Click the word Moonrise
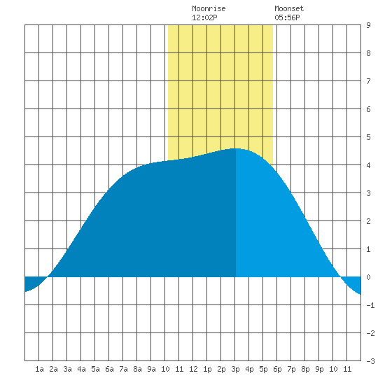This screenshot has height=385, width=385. pyautogui.click(x=209, y=8)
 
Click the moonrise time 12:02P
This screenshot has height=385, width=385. pyautogui.click(x=204, y=17)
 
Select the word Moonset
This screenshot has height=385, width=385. pyautogui.click(x=289, y=8)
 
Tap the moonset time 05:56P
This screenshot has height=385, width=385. pyautogui.click(x=287, y=17)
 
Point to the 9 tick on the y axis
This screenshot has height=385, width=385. pyautogui.click(x=368, y=25)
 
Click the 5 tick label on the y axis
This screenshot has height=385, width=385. pyautogui.click(x=368, y=137)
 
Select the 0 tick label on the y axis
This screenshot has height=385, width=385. pyautogui.click(x=368, y=277)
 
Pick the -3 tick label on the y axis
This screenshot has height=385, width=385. pyautogui.click(x=370, y=361)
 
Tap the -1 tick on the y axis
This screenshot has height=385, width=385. pyautogui.click(x=370, y=305)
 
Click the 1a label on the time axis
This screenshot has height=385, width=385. pyautogui.click(x=39, y=369)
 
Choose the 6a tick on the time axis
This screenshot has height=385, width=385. pyautogui.click(x=109, y=369)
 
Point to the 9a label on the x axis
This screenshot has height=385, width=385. pyautogui.click(x=151, y=369)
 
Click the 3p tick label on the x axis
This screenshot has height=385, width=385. pyautogui.click(x=235, y=369)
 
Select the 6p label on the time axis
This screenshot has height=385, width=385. pyautogui.click(x=277, y=369)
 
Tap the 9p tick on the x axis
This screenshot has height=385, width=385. pyautogui.click(x=319, y=369)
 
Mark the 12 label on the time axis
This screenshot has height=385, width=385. pyautogui.click(x=193, y=369)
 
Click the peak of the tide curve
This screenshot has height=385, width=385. pyautogui.click(x=235, y=148)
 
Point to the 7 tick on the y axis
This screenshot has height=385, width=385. pyautogui.click(x=368, y=81)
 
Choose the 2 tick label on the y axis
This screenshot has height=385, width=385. pyautogui.click(x=368, y=221)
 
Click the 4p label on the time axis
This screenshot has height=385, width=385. pyautogui.click(x=249, y=369)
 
